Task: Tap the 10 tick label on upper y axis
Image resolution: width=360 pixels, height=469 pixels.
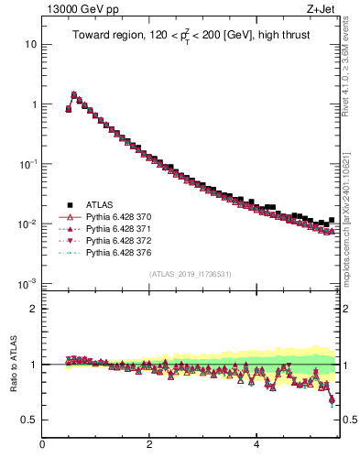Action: tap(30, 44)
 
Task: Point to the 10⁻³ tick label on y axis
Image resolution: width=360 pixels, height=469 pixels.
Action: tap(28, 284)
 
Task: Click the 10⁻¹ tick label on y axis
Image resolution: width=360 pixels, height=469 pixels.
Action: tap(28, 164)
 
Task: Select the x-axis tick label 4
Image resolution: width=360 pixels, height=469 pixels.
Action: tap(256, 446)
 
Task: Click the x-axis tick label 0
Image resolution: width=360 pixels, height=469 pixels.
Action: tap(42, 446)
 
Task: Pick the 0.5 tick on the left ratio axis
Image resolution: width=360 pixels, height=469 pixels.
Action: tap(30, 420)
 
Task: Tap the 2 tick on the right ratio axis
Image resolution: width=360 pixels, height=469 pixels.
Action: tap(348, 309)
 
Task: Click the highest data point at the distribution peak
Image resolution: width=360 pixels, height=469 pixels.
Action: tap(74, 94)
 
